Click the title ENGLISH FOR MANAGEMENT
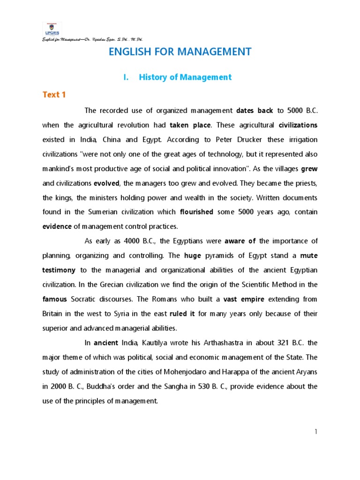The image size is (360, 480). click(x=180, y=52)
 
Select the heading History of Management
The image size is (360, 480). click(x=185, y=77)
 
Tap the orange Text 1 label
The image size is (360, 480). click(x=54, y=95)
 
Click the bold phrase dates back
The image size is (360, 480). click(x=255, y=111)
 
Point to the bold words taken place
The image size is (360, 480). click(x=191, y=125)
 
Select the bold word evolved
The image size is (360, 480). click(x=107, y=183)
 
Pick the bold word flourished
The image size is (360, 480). click(x=196, y=212)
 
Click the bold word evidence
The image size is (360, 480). click(x=57, y=226)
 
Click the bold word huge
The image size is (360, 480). click(x=192, y=255)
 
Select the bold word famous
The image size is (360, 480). click(x=55, y=299)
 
